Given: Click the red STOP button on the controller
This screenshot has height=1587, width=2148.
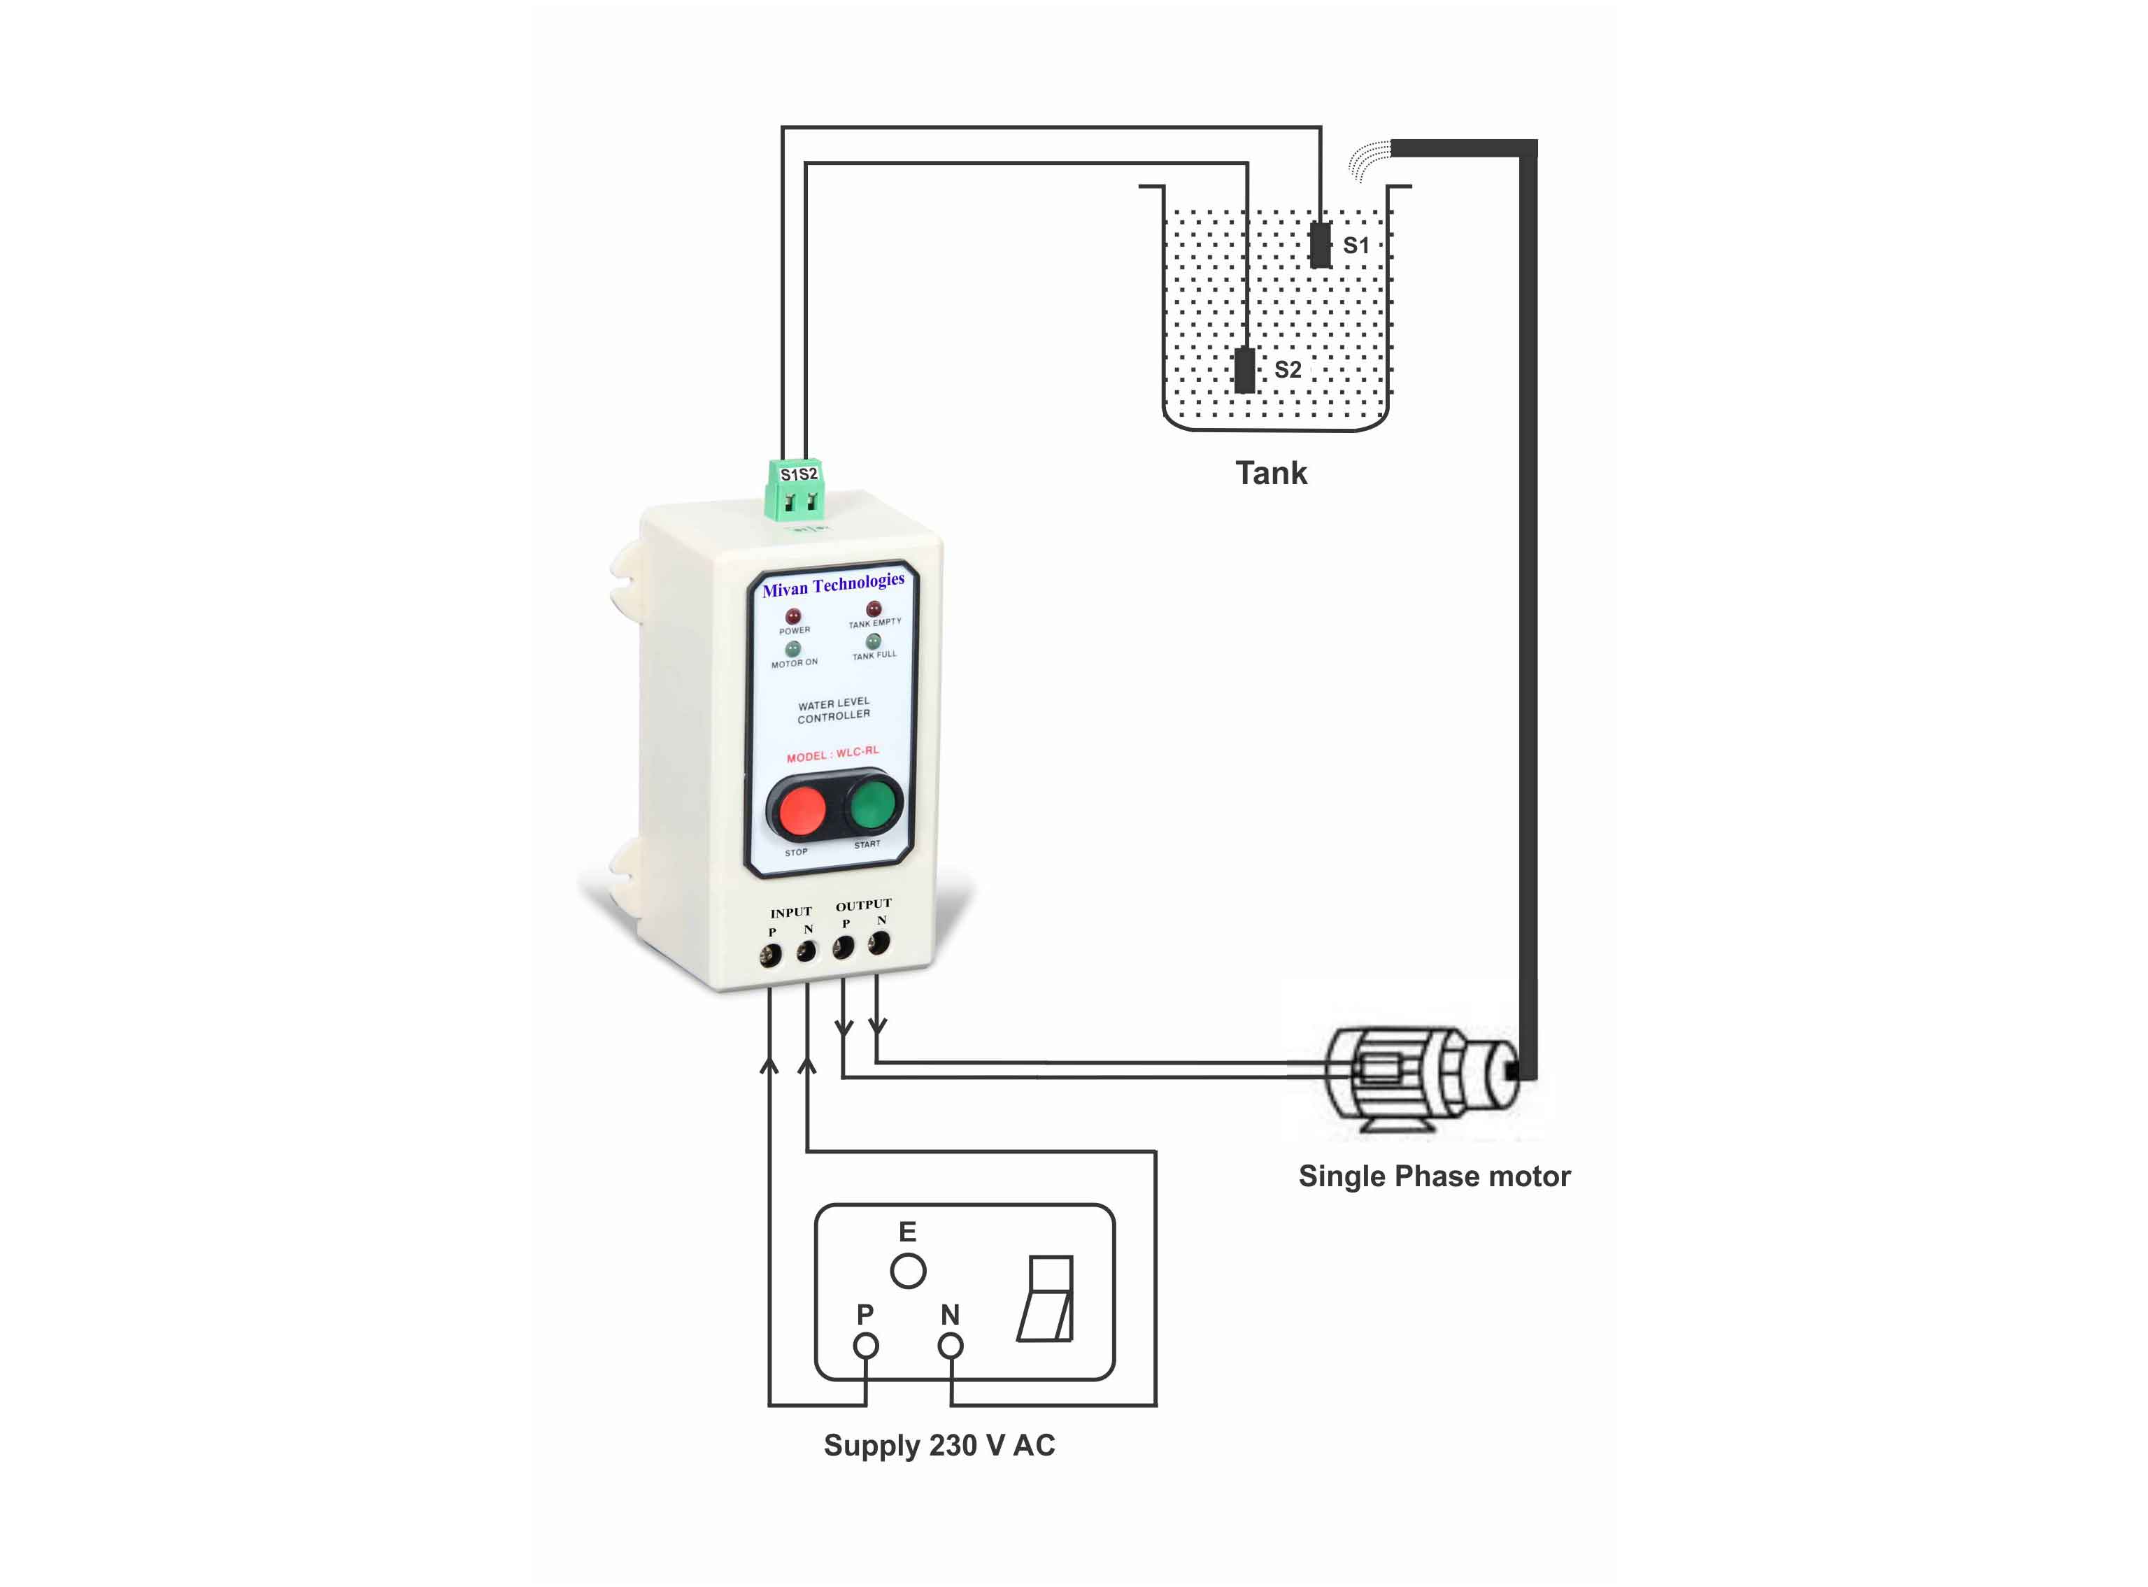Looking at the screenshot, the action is click(801, 810).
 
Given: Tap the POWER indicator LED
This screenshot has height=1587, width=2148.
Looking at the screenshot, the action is click(793, 615).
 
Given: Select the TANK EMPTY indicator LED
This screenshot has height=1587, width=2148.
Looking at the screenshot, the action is click(873, 609).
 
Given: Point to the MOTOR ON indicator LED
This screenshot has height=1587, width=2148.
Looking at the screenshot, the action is click(792, 648).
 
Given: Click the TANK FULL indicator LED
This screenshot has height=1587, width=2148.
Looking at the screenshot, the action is click(873, 641).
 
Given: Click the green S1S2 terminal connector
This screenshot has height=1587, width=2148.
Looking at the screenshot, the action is click(795, 488).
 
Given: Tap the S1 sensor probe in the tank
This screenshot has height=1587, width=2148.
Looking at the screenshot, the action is click(1321, 244).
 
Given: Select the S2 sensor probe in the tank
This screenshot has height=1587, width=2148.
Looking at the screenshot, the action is click(1245, 370).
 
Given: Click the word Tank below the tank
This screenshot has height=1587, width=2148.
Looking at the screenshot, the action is click(1271, 473).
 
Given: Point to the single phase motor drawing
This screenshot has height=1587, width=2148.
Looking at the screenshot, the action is click(1422, 1078).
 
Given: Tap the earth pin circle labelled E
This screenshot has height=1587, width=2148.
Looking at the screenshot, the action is click(908, 1271).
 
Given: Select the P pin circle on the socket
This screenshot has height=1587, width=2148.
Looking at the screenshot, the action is click(865, 1346).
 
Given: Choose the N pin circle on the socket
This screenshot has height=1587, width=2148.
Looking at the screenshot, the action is click(950, 1346).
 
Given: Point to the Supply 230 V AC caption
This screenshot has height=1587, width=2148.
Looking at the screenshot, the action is click(939, 1446).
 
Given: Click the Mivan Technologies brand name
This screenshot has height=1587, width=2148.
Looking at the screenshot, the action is click(833, 584).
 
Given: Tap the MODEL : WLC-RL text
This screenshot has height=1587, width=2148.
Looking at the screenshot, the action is click(833, 754).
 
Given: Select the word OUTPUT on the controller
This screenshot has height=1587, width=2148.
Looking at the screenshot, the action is click(864, 905).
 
